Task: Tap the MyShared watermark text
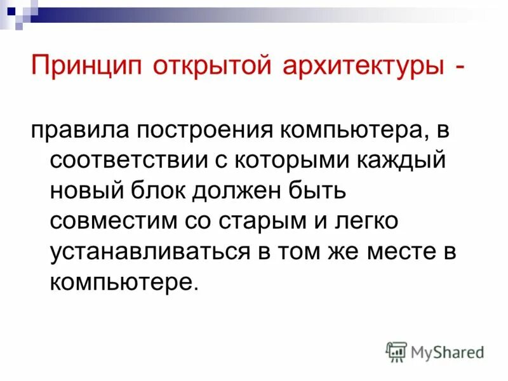tap(447, 351)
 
